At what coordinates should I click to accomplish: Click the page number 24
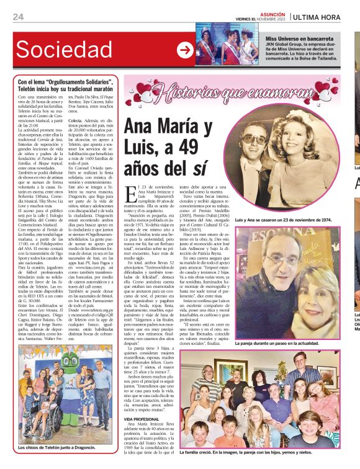(x=19, y=17)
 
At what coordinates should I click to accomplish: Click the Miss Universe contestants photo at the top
(x=227, y=43)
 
